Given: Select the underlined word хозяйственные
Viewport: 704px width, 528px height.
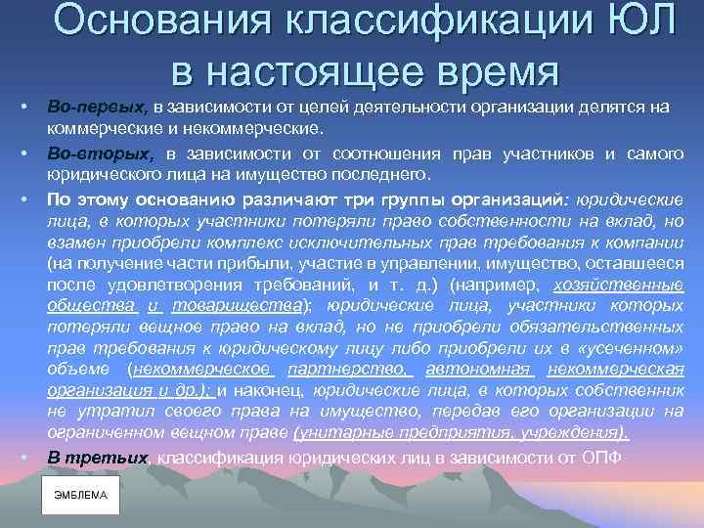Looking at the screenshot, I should coord(620,286).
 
